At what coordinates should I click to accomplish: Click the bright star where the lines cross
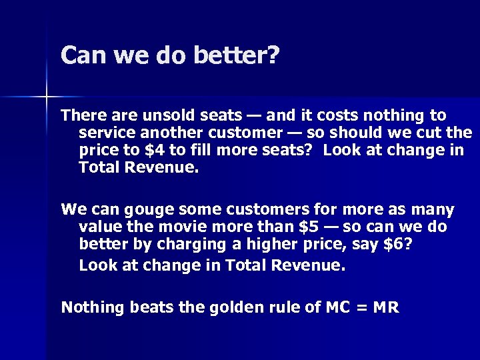[x=47, y=97]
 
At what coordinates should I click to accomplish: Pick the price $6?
[x=398, y=245]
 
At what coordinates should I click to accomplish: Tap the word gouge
[x=140, y=210]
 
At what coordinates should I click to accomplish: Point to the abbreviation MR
[x=385, y=307]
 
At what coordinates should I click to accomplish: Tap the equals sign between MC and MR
[x=362, y=307]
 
